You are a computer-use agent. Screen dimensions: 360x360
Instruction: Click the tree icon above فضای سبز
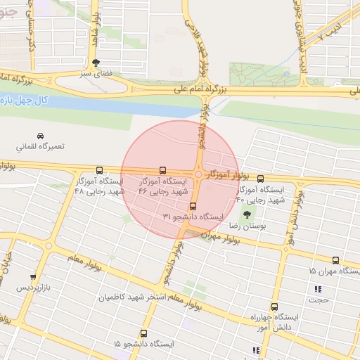click(x=96, y=63)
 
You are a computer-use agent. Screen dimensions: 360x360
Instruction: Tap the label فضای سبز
click(x=96, y=73)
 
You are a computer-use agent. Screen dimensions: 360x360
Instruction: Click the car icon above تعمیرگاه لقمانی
click(x=40, y=136)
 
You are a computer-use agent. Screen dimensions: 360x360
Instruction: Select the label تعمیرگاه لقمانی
click(x=40, y=147)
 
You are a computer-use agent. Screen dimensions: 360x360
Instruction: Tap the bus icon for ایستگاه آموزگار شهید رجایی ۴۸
click(x=99, y=170)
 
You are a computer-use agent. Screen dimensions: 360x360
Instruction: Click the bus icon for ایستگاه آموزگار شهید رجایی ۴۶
click(x=163, y=170)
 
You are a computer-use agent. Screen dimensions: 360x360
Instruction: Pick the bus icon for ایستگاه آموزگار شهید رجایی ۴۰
click(x=260, y=179)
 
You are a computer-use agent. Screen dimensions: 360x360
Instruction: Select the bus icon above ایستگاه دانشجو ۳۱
click(x=193, y=207)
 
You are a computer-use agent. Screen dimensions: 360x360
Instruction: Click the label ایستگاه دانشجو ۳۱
click(x=193, y=217)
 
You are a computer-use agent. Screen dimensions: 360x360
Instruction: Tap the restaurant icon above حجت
click(x=318, y=289)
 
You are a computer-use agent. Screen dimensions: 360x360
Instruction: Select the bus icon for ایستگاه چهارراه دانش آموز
click(x=274, y=307)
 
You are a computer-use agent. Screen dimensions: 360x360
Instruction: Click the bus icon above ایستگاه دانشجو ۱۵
click(x=144, y=333)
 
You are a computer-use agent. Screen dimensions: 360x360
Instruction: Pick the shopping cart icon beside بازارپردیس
click(x=32, y=277)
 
